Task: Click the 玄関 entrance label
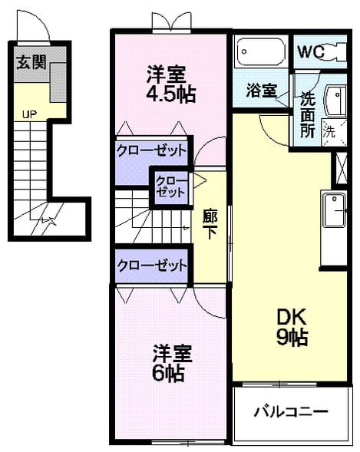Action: tap(31, 62)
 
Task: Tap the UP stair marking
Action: tap(29, 115)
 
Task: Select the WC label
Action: tap(311, 52)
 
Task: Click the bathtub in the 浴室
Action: tap(261, 52)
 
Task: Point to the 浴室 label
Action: tap(262, 91)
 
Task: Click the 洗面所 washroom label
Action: tap(307, 115)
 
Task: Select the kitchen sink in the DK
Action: tap(334, 210)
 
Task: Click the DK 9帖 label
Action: tap(292, 327)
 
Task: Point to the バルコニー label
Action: tap(291, 411)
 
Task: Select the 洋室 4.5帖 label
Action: tap(171, 84)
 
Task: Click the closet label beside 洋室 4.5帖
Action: tap(152, 150)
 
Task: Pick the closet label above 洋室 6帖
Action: tap(152, 266)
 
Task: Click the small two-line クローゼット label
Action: tap(170, 186)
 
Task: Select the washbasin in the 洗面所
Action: tap(335, 101)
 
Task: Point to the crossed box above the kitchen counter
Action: tap(342, 168)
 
